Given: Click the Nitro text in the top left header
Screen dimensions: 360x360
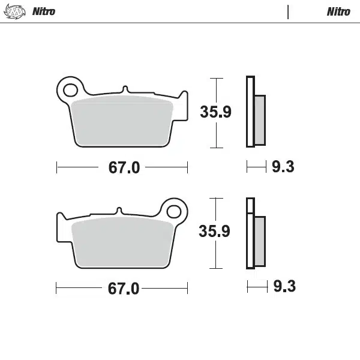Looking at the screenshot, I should pyautogui.click(x=43, y=11).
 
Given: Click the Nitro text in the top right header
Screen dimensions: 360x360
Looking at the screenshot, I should pyautogui.click(x=338, y=11).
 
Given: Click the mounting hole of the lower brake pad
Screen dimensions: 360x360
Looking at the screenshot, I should pyautogui.click(x=173, y=211).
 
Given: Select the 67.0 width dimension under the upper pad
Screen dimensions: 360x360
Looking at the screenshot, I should pyautogui.click(x=124, y=167).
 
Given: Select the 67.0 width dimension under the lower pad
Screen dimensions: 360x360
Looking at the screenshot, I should pyautogui.click(x=124, y=289).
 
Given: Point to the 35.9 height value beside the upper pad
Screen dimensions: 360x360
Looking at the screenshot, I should pyautogui.click(x=215, y=112).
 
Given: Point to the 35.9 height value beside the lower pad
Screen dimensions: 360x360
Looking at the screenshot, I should pyautogui.click(x=215, y=232).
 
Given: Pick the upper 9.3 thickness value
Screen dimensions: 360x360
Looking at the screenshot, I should pyautogui.click(x=283, y=167).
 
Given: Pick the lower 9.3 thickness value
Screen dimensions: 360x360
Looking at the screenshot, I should pyautogui.click(x=284, y=287).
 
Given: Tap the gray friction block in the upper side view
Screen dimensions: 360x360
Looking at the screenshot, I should pyautogui.click(x=259, y=119).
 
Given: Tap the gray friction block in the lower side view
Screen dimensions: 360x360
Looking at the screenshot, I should pyautogui.click(x=259, y=241).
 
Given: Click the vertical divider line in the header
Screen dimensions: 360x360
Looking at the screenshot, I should pyautogui.click(x=289, y=11).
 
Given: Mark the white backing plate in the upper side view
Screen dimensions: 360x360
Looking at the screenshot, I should pyautogui.click(x=250, y=112).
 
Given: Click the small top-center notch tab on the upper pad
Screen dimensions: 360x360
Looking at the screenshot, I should pyautogui.click(x=124, y=89).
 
